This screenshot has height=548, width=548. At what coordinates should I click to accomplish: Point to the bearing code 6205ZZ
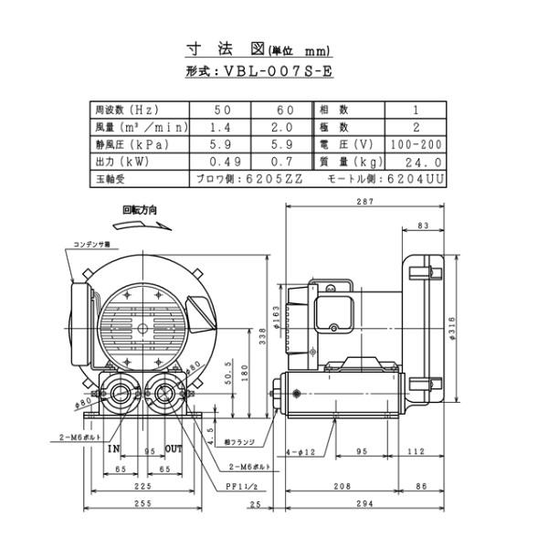click(273, 179)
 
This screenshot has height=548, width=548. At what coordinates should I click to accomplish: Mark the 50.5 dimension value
click(228, 385)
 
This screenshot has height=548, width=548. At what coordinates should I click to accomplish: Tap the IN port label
click(113, 449)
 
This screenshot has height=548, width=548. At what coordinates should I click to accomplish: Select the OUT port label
click(174, 449)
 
